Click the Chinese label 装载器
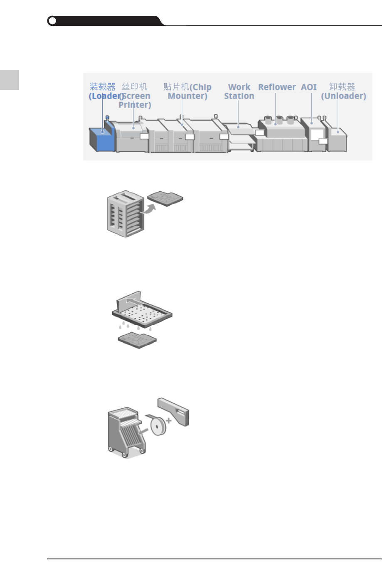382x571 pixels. (102, 87)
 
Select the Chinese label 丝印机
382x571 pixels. (134, 87)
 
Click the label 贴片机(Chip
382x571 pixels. (187, 87)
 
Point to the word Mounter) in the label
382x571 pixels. (187, 96)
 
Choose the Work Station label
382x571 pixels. (239, 91)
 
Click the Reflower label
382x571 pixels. (277, 87)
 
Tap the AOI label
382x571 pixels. (309, 87)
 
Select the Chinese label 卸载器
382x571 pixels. (342, 87)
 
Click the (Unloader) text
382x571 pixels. (343, 96)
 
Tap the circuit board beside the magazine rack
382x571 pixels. (165, 198)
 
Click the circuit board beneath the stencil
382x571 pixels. (137, 340)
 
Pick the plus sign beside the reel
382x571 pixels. (168, 420)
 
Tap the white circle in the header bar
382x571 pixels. (52, 21)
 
